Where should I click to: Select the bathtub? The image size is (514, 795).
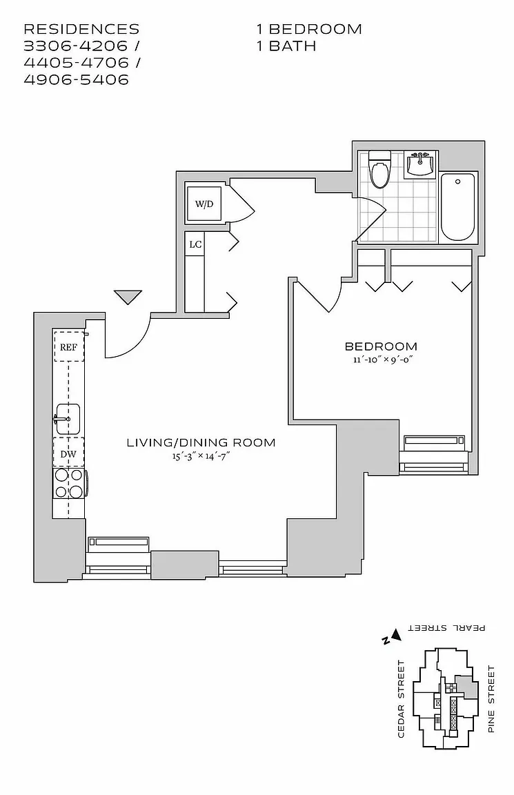pyautogui.click(x=458, y=206)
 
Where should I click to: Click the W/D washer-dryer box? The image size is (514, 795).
pyautogui.click(x=204, y=204)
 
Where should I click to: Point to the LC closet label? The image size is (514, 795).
pyautogui.click(x=195, y=244)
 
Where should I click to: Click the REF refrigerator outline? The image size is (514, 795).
pyautogui.click(x=68, y=347)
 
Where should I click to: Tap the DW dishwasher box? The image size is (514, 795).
pyautogui.click(x=68, y=453)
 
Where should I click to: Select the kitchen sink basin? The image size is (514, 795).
pyautogui.click(x=69, y=418)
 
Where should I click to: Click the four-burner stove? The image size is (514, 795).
pyautogui.click(x=69, y=483)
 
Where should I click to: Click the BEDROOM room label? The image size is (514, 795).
pyautogui.click(x=381, y=346)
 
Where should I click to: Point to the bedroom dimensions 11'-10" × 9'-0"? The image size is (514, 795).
pyautogui.click(x=381, y=360)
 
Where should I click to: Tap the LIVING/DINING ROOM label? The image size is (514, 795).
pyautogui.click(x=201, y=442)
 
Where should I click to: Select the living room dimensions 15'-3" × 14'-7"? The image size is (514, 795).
pyautogui.click(x=201, y=456)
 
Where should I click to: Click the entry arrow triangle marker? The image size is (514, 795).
pyautogui.click(x=128, y=297)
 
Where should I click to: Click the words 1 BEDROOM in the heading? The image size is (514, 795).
pyautogui.click(x=308, y=29)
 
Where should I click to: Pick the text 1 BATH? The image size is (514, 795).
pyautogui.click(x=286, y=46)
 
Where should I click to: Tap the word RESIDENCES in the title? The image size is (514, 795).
pyautogui.click(x=81, y=29)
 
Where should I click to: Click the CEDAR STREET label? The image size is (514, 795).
pyautogui.click(x=401, y=698)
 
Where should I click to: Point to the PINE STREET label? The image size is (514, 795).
pyautogui.click(x=491, y=698)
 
